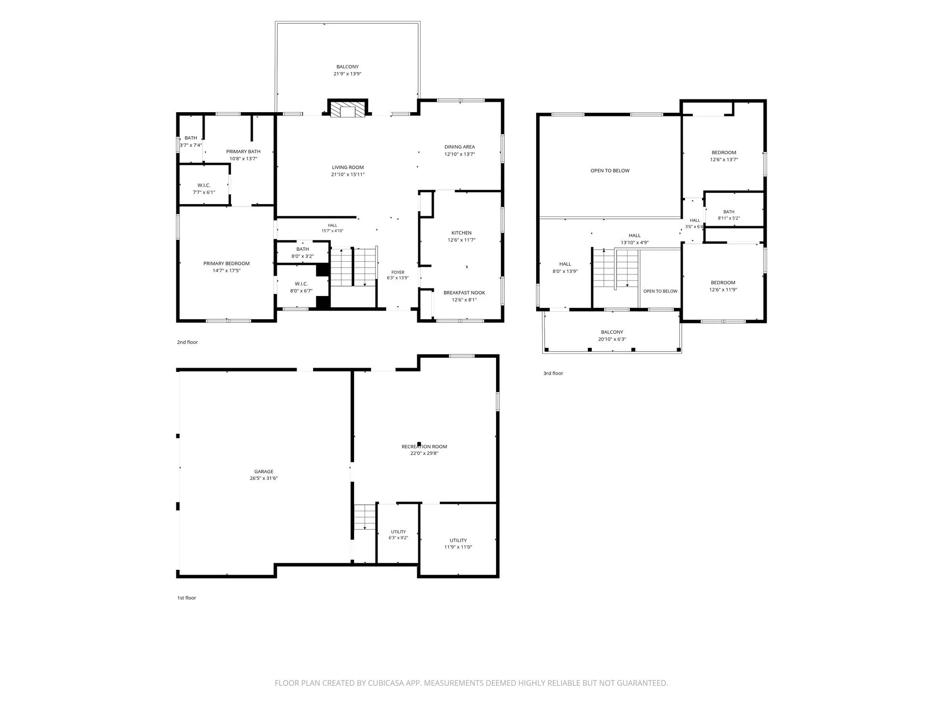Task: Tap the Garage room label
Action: pos(264,471)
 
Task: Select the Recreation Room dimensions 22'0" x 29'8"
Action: pos(424,453)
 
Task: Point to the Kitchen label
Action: pos(462,233)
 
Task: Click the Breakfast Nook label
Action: pos(464,293)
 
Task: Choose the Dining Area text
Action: pos(460,147)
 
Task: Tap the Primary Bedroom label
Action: pos(227,263)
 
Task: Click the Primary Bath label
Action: pos(243,152)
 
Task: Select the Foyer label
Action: pos(398,272)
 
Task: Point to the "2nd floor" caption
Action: pos(188,342)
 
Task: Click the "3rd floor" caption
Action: pos(554,373)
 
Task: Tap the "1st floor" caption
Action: pos(187,598)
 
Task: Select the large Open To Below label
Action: pos(610,171)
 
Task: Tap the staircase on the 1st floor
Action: pos(364,517)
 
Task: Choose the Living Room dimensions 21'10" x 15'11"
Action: pos(348,175)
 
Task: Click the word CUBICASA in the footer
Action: pos(388,683)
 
